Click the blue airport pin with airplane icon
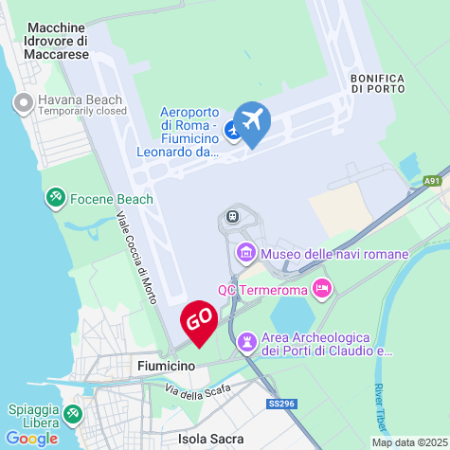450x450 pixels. coord(252,122)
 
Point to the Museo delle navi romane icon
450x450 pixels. coord(246,253)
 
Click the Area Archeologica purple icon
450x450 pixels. coord(247,339)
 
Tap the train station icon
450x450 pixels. coord(231,217)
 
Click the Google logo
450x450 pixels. coord(31,439)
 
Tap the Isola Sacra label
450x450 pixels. coord(210,439)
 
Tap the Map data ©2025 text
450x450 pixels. coord(408,442)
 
